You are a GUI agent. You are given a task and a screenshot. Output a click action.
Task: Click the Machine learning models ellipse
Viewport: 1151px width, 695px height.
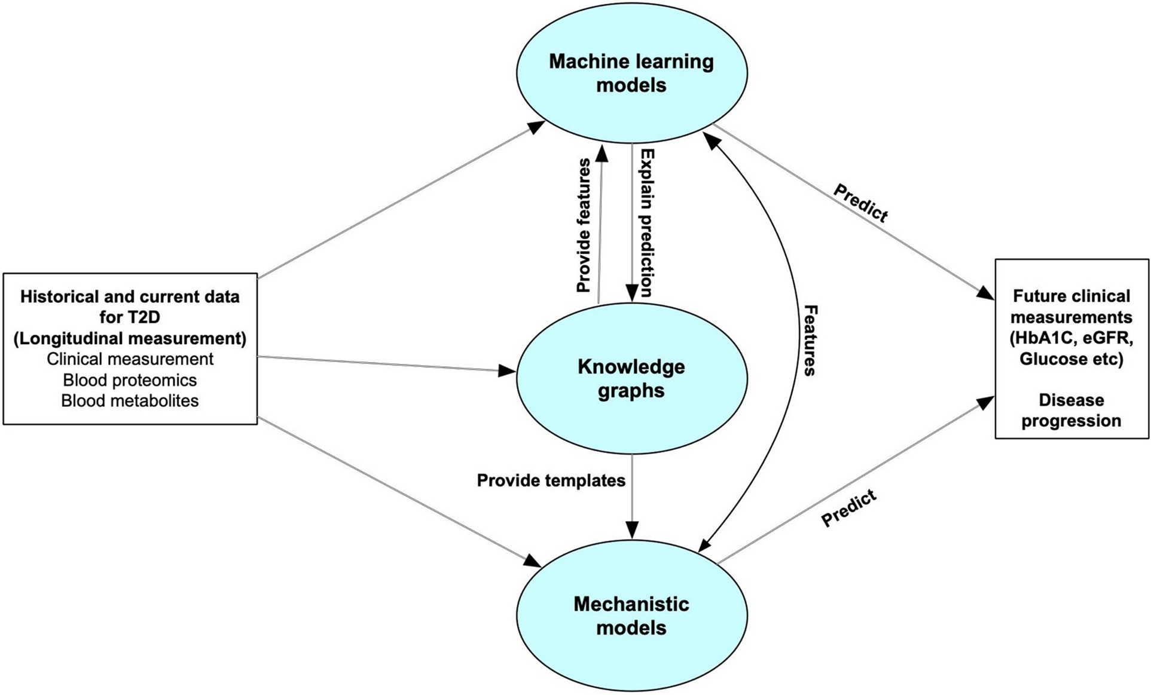631,73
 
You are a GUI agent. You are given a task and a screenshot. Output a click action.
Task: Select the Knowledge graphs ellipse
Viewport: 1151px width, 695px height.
631,378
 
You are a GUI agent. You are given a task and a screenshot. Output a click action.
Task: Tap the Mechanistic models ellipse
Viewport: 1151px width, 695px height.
631,616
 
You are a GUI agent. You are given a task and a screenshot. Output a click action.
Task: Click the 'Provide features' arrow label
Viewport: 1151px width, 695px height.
584,225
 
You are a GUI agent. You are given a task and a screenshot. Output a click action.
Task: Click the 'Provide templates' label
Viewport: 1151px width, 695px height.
551,480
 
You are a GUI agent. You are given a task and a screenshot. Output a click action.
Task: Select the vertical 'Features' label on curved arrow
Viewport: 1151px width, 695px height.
810,340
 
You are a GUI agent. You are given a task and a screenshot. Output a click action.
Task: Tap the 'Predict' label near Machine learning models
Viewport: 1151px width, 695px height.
861,203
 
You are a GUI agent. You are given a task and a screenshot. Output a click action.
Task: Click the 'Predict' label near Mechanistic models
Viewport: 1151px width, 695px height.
849,508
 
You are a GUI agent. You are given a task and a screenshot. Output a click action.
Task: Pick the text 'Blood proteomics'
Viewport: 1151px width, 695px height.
130,380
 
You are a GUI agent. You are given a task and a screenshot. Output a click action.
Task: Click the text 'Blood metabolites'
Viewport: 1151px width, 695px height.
130,400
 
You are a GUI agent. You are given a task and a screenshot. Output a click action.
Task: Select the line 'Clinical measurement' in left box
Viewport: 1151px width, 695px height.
130,359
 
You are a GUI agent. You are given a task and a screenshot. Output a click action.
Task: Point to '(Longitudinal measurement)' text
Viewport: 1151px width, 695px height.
130,338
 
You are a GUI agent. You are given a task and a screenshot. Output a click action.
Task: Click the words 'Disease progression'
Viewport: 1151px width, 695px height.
1071,410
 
